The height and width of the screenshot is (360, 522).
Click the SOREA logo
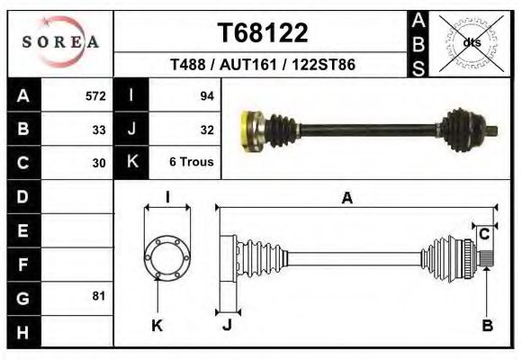pos(60,41)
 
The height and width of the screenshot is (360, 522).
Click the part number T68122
pos(263,33)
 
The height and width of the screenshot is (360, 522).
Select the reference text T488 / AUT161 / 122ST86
pos(263,66)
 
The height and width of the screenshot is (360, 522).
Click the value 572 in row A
pos(95,95)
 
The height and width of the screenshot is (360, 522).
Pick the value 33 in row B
pos(99,129)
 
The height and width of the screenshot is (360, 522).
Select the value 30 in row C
pos(99,163)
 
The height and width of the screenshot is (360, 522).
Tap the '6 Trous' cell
pos(191,163)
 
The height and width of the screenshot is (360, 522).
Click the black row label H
pos(23,331)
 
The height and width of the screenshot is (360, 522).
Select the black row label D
pos(23,196)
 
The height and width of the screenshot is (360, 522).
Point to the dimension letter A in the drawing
pos(347,199)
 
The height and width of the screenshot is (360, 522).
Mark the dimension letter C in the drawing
pos(484,234)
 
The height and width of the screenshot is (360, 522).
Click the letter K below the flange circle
pos(157,326)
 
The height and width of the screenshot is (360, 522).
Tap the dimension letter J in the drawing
pos(227,326)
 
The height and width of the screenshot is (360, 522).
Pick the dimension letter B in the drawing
pos(487,326)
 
